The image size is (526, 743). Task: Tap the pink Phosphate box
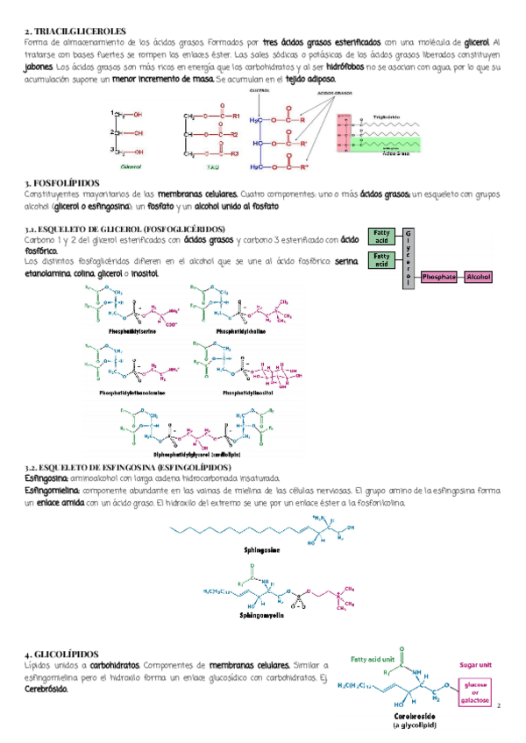coord(438,277)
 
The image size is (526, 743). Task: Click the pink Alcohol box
coord(480,277)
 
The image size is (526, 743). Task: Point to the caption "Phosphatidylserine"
coord(132,333)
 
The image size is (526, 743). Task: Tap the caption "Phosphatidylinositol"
coord(250,393)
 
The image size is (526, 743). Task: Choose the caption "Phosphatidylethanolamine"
coord(132,393)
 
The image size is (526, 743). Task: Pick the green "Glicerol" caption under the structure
coord(131,164)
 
